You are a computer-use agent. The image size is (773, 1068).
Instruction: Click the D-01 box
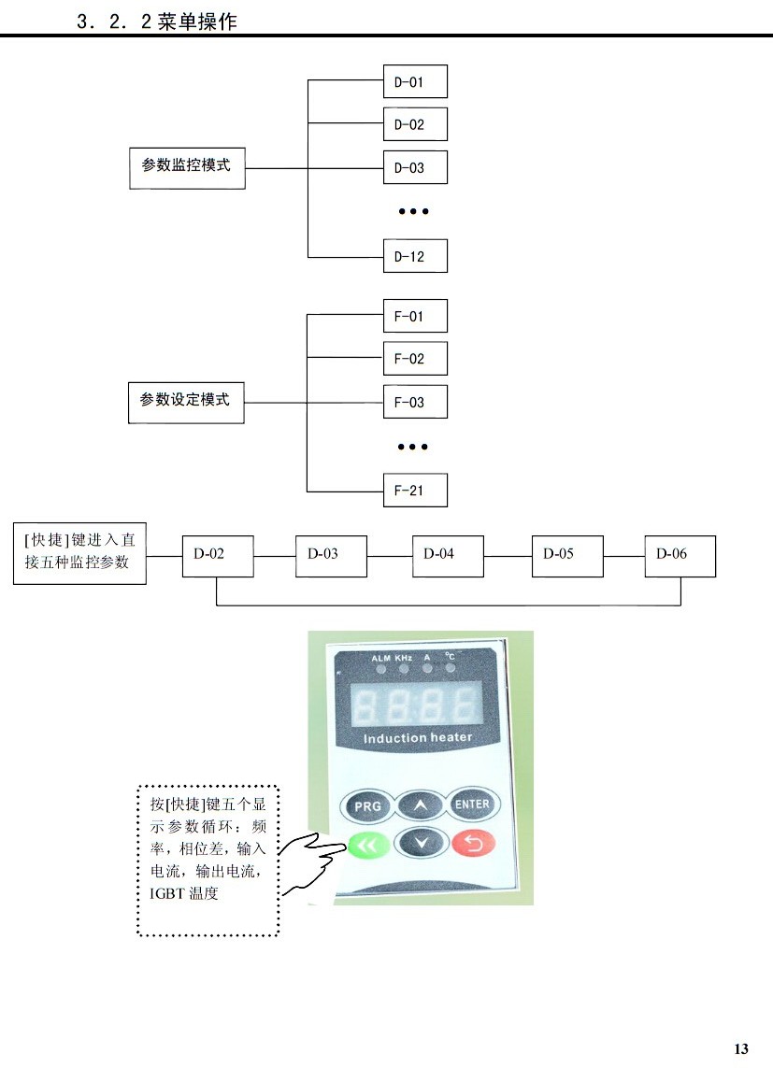tap(415, 81)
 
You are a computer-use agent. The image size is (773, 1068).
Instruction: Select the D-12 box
tap(415, 256)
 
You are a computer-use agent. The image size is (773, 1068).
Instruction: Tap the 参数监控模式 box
tap(187, 166)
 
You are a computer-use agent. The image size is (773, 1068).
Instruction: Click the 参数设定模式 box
tap(186, 401)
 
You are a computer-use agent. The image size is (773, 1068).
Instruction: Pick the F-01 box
tap(415, 316)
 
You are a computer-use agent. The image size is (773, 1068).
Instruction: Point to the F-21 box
tap(415, 491)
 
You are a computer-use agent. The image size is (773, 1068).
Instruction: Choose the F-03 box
tap(415, 402)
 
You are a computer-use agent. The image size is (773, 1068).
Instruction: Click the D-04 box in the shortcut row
tap(448, 555)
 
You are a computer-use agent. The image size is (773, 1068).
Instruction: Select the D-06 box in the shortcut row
tap(680, 555)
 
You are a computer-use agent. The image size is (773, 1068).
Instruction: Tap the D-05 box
tap(566, 555)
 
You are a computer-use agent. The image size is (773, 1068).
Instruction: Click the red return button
tap(473, 845)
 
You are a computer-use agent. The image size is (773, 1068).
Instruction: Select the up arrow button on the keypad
tap(420, 805)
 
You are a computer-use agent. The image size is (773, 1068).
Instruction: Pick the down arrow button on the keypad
tap(420, 844)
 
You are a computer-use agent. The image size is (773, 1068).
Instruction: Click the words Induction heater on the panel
tap(418, 738)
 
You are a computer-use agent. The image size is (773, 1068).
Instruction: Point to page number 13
tap(741, 1048)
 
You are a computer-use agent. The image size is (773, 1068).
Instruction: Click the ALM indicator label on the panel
tap(380, 658)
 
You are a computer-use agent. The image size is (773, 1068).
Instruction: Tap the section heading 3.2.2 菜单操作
tap(157, 21)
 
